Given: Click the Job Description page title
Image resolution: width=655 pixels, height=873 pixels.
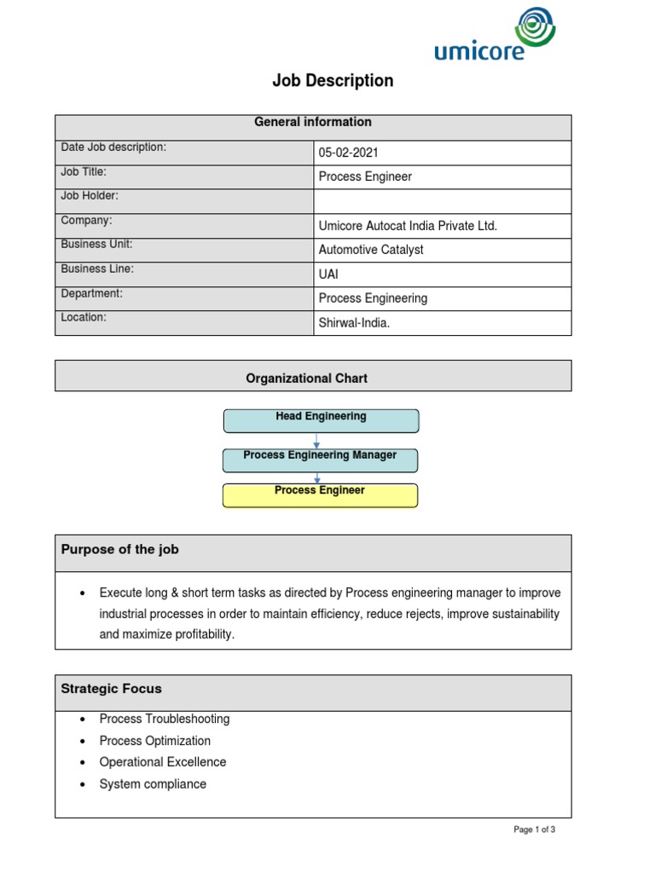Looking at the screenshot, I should pyautogui.click(x=333, y=81).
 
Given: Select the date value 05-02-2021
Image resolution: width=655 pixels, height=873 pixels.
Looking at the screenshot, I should pyautogui.click(x=348, y=153).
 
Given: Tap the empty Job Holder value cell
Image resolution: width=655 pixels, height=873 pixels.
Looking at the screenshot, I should pyautogui.click(x=442, y=201).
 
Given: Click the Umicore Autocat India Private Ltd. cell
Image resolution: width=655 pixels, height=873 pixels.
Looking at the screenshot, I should pyautogui.click(x=407, y=226).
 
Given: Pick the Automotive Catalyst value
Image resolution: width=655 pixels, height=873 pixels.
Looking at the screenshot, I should pyautogui.click(x=370, y=250).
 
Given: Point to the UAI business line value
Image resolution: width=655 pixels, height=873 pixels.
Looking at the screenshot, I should pyautogui.click(x=328, y=275).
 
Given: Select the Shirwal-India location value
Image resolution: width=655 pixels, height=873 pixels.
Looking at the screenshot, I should pyautogui.click(x=354, y=323).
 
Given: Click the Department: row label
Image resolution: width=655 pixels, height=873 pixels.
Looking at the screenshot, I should pyautogui.click(x=92, y=293).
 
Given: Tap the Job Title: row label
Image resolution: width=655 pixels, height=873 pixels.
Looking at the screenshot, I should pyautogui.click(x=84, y=172).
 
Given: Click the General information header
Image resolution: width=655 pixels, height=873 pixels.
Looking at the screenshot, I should pyautogui.click(x=313, y=123).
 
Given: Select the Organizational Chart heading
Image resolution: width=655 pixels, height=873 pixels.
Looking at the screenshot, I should pyautogui.click(x=307, y=379).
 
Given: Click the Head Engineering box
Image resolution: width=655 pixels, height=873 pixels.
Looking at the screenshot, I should pyautogui.click(x=321, y=419).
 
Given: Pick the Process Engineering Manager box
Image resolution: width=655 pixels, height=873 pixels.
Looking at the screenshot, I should pyautogui.click(x=320, y=459).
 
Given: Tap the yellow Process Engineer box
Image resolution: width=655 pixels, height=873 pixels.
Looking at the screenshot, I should pyautogui.click(x=320, y=494).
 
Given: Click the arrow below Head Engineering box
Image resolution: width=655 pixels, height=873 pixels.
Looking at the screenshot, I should pyautogui.click(x=317, y=441).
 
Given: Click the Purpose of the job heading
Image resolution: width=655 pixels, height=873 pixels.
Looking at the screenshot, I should pyautogui.click(x=120, y=550).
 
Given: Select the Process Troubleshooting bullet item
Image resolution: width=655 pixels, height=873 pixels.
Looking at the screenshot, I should pyautogui.click(x=164, y=719).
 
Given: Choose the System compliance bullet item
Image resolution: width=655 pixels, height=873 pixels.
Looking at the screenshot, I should pyautogui.click(x=153, y=784).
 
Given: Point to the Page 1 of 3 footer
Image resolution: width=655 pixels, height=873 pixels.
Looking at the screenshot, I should pyautogui.click(x=534, y=830).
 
